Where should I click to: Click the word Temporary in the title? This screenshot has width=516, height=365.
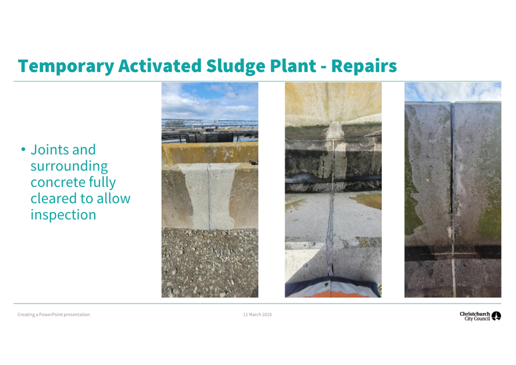pos(66,66)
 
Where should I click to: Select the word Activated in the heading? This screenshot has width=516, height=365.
pos(160,66)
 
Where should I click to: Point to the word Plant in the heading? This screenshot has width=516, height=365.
pos(293,66)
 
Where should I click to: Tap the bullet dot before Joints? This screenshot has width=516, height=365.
pos(23,150)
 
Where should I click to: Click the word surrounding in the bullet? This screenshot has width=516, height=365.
pos(69,166)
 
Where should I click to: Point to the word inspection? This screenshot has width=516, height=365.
pos(63,215)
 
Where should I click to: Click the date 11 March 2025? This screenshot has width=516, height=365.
pos(257,314)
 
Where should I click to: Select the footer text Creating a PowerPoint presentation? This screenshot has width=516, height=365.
pos(54,315)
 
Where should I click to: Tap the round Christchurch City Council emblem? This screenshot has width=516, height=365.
pos(496,316)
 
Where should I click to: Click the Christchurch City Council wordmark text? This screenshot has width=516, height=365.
pos(475,316)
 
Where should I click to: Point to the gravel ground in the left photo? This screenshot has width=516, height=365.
pos(209,263)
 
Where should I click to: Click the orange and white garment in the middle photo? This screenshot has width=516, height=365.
pos(333,288)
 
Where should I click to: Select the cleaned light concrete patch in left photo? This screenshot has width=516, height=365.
pos(209,195)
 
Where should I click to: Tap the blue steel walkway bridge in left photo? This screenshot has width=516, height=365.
pos(209,123)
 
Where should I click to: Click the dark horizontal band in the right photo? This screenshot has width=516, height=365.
pos(453,254)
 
